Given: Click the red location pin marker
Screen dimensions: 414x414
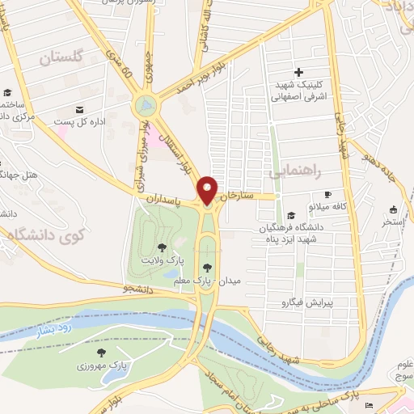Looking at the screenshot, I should point(208,190).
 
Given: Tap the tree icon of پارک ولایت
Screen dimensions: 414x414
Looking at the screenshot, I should point(162,247).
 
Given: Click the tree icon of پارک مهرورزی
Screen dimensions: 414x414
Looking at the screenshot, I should point(101,353).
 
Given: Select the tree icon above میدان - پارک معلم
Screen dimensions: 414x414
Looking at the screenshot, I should point(208,268).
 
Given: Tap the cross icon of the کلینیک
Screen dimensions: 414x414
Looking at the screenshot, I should point(299,73).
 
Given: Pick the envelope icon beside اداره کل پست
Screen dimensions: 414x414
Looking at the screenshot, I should point(79,110).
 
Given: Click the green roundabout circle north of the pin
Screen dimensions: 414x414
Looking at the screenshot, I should point(146,105).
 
